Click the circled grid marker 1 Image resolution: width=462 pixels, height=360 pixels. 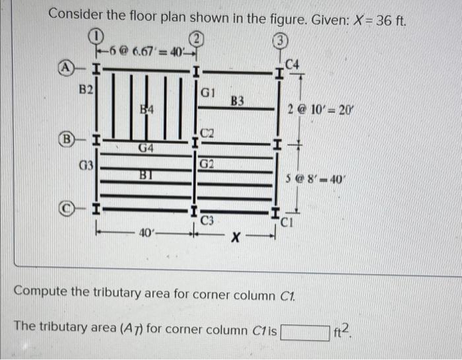point(97,34)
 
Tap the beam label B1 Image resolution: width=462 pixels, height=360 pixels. point(146,175)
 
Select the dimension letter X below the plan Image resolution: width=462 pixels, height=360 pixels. point(236,236)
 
